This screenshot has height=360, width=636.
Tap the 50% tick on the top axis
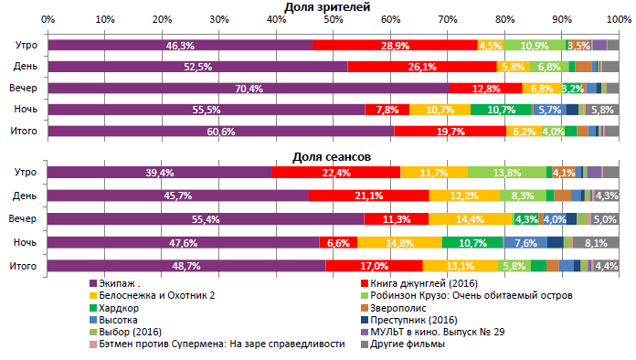click(x=334, y=19)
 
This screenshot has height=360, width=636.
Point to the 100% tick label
click(x=618, y=19)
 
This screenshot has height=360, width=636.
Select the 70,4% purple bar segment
click(x=248, y=89)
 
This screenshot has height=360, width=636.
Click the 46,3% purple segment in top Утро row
click(x=179, y=45)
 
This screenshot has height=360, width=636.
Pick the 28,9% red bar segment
click(x=394, y=45)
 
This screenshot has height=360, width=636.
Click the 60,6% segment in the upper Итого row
click(x=220, y=132)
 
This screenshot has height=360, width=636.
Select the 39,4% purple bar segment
click(x=160, y=173)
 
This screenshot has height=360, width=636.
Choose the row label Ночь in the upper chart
click(x=25, y=110)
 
